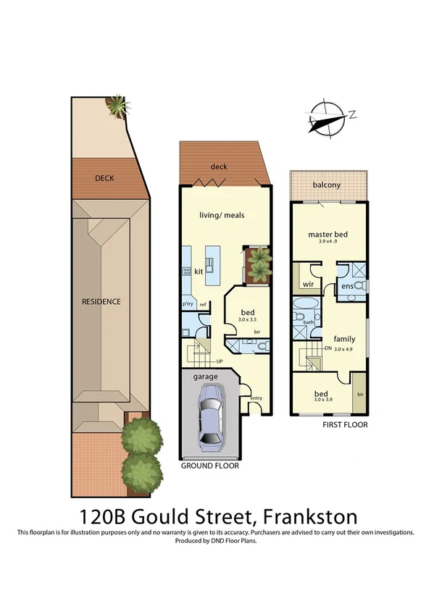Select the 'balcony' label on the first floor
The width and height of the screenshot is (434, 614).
(327, 185)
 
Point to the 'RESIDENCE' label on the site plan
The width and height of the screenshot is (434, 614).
(101, 301)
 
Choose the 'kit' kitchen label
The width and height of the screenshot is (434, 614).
(199, 272)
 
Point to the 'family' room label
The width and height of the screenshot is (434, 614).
(344, 338)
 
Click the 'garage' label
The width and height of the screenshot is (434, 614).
(205, 378)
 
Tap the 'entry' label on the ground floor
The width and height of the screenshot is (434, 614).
(256, 398)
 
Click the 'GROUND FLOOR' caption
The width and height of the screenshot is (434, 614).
(209, 466)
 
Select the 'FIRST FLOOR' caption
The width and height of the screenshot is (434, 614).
(345, 425)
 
